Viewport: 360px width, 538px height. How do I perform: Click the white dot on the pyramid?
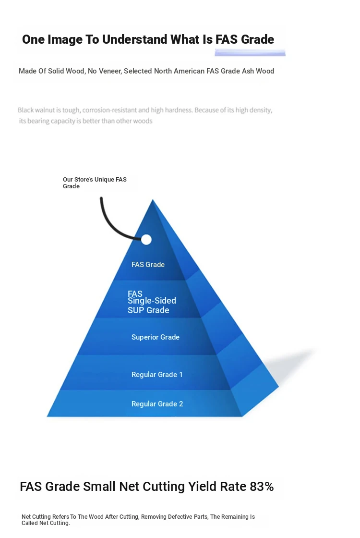click(x=146, y=240)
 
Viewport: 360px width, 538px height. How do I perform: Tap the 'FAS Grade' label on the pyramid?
click(x=148, y=265)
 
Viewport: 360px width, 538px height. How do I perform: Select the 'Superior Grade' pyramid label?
click(x=156, y=337)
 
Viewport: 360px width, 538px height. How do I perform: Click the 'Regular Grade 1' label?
click(x=157, y=374)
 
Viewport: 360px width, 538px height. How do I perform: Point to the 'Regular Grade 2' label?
click(x=157, y=404)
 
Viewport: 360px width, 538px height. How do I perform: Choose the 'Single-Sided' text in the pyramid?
click(x=152, y=301)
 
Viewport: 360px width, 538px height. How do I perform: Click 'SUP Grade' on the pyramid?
click(x=148, y=310)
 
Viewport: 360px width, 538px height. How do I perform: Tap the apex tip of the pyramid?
click(x=153, y=200)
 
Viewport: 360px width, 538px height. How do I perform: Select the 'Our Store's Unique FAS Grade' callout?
click(x=95, y=183)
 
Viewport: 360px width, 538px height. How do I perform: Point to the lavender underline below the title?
click(x=250, y=52)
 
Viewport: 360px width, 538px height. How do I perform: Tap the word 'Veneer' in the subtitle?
click(x=110, y=71)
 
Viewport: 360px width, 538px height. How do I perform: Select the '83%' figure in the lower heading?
click(x=262, y=487)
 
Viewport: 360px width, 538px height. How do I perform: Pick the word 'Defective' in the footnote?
click(x=180, y=517)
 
